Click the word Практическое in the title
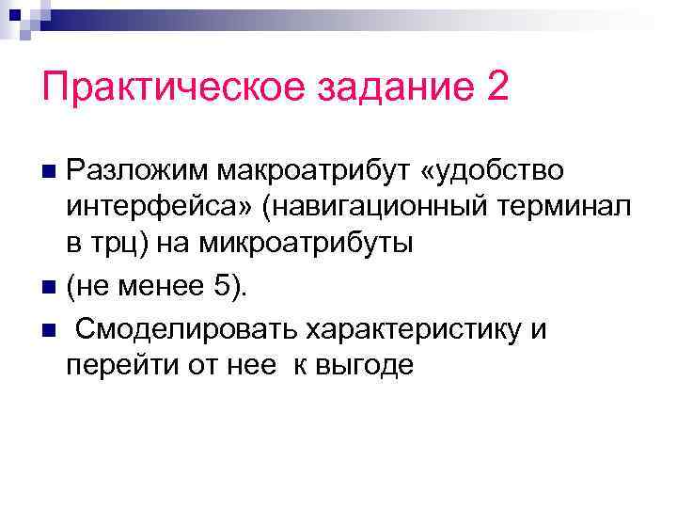coord(157,88)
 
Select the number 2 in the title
coord(497,88)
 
